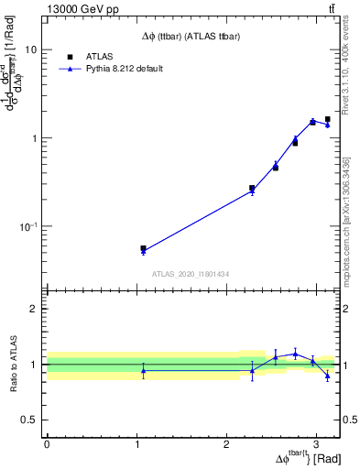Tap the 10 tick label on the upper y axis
[x=30, y=50]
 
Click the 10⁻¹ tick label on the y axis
[x=27, y=226]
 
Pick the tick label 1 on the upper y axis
[x=34, y=138]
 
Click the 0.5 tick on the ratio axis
[x=29, y=420]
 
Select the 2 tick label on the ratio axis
[x=34, y=309]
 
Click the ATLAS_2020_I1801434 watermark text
[x=191, y=274]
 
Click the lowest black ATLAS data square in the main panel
[x=143, y=248]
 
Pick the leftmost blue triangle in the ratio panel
[x=143, y=370]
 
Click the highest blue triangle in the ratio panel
[x=295, y=354]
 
